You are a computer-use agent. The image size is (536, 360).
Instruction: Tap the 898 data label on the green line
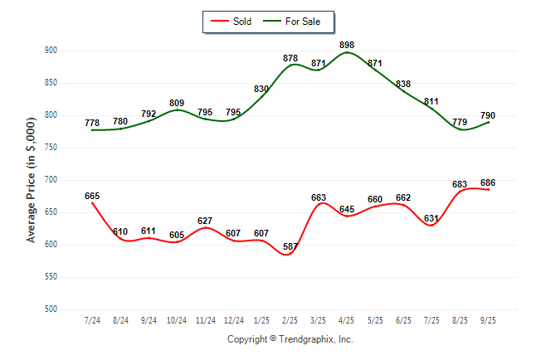click(348, 44)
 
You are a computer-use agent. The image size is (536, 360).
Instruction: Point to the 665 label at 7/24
click(92, 196)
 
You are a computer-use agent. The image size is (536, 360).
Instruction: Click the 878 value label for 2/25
click(290, 58)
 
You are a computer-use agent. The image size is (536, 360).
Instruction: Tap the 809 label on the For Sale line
click(177, 103)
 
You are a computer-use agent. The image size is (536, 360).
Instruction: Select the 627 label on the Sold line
click(205, 220)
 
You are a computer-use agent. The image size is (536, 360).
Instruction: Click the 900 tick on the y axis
click(51, 51)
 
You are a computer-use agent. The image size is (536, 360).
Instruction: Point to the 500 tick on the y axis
click(51, 309)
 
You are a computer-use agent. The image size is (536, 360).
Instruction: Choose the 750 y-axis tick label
click(51, 148)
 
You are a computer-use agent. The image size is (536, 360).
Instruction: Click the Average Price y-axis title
click(32, 180)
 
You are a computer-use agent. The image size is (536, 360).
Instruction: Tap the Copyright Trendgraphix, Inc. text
click(290, 339)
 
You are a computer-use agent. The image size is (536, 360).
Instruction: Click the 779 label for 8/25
click(460, 123)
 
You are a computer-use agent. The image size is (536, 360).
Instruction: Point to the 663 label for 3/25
click(319, 197)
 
